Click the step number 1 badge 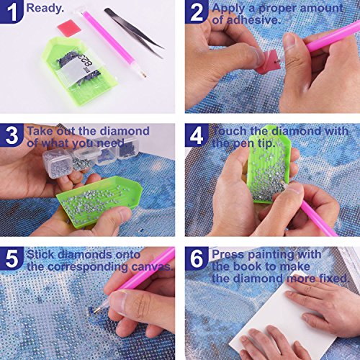pos(11,12)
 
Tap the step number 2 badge pos(197,12)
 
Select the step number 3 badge pos(12,135)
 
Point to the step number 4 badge pos(197,135)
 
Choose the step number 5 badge pos(12,258)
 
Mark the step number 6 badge pos(197,258)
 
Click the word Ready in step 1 pos(44,9)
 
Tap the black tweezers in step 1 pos(134,32)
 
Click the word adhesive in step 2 pos(253,20)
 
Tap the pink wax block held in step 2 pos(267,62)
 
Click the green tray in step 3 pos(99,201)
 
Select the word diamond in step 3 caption pos(125,131)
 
